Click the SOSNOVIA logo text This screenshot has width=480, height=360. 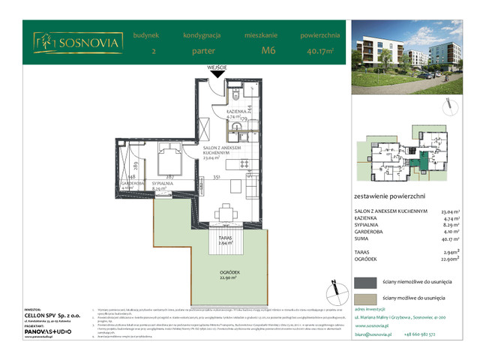pos(88,43)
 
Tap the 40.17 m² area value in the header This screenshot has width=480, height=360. pos(320,51)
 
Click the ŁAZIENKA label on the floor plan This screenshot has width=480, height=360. pos(237,112)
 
